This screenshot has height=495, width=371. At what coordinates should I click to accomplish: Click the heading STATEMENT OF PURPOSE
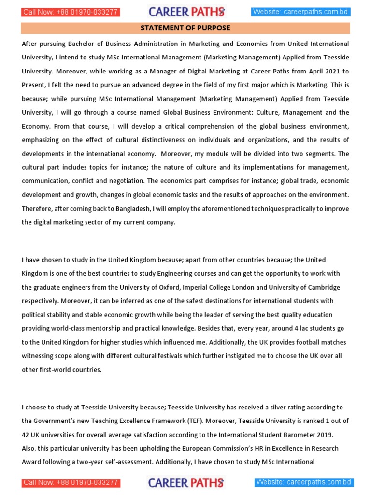[x=185, y=28]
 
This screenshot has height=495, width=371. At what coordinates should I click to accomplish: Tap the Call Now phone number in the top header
[x=71, y=12]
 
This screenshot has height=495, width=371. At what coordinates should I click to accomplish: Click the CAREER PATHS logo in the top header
[x=186, y=12]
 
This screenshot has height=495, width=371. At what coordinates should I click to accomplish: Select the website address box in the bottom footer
[x=304, y=482]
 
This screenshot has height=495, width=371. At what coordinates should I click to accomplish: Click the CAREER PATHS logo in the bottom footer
[x=186, y=482]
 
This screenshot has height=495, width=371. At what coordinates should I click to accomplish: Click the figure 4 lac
[x=284, y=328]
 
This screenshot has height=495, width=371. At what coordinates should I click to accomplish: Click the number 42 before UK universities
[x=26, y=434]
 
